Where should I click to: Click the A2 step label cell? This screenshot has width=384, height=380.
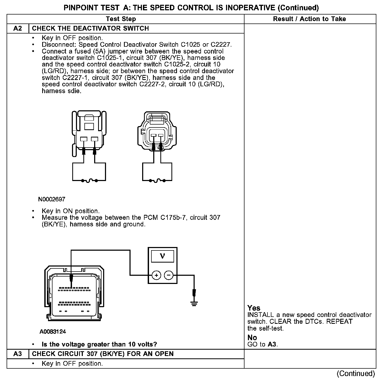click(x=18, y=28)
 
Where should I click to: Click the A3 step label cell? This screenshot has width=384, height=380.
click(x=18, y=354)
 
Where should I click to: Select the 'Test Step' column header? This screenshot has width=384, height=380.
click(x=121, y=19)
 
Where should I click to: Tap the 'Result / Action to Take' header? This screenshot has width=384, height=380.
click(x=309, y=19)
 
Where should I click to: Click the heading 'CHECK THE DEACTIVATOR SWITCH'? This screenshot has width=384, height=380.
click(x=90, y=28)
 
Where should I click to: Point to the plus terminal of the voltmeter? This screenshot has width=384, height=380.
click(x=156, y=275)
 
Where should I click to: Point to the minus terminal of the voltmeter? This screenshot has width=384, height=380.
click(x=169, y=275)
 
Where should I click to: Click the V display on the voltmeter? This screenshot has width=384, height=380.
click(x=162, y=256)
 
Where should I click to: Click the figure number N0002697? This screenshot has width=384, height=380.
click(x=52, y=199)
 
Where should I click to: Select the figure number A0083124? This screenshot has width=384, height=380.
click(x=53, y=332)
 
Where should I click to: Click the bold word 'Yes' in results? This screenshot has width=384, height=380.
click(x=254, y=308)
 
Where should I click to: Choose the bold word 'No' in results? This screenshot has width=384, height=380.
click(x=252, y=338)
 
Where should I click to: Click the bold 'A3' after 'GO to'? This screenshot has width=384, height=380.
click(x=272, y=344)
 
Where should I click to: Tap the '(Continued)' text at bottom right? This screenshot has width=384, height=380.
click(x=356, y=374)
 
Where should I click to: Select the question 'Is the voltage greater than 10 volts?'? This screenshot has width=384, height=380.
click(x=99, y=344)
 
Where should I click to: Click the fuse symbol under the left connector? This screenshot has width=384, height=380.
click(x=89, y=181)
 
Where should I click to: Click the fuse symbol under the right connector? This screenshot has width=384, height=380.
click(x=157, y=181)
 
